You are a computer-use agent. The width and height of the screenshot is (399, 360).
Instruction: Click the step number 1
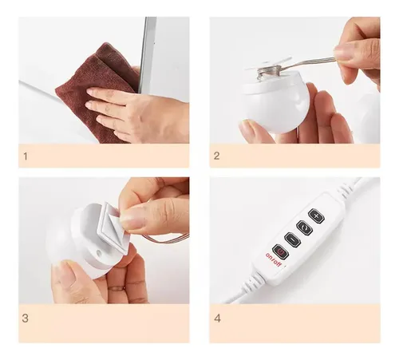(x=26, y=156)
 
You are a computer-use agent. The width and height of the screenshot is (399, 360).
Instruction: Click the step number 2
(x=217, y=156)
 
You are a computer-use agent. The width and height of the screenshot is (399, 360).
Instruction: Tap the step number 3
(x=26, y=318)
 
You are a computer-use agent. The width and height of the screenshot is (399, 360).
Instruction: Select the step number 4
(x=217, y=318)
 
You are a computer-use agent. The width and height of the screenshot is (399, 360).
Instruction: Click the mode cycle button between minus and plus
(x=304, y=227)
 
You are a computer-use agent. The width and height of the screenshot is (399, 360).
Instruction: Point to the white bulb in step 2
(x=275, y=102)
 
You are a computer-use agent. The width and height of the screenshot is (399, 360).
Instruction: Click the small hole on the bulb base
(x=98, y=252)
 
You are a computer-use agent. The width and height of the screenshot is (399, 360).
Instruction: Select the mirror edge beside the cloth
(x=146, y=54)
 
